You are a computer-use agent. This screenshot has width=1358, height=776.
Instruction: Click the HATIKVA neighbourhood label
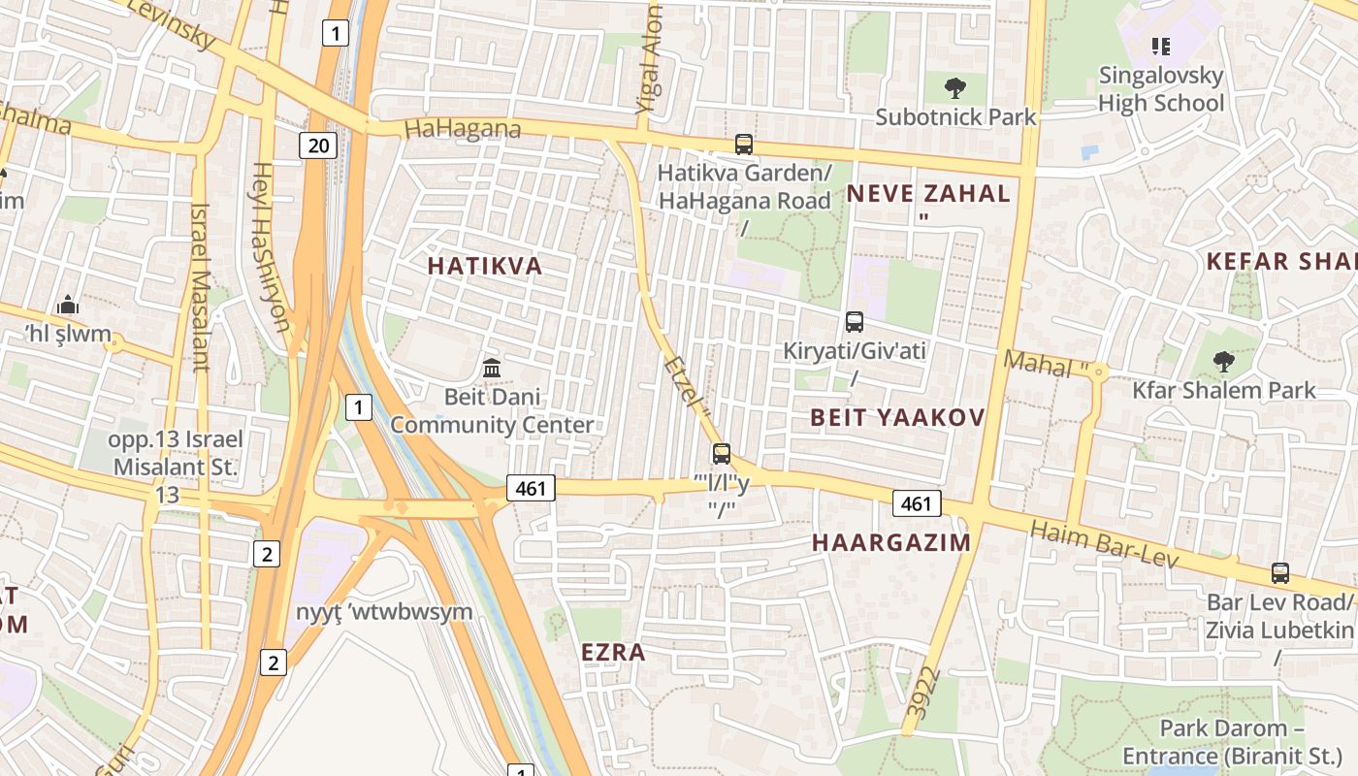coord(485,267)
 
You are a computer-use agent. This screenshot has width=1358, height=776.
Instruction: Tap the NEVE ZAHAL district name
coord(928,193)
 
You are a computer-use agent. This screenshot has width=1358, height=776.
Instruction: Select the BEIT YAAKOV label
coord(897,418)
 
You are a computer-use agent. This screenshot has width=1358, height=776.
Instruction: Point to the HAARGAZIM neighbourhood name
coord(891,542)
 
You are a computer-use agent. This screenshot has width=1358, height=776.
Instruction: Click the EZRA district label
coord(613,653)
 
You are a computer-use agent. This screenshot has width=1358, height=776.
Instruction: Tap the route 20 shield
coord(317,146)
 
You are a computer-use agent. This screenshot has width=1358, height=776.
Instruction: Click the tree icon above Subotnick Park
coord(955,88)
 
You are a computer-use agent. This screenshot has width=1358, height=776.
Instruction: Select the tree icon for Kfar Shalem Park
coord(1224,362)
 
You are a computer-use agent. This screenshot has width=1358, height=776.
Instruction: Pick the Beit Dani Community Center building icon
coord(492,369)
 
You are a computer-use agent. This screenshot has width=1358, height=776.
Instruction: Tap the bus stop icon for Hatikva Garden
coord(744,145)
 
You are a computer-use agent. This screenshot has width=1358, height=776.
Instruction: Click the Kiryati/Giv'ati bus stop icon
coord(855,322)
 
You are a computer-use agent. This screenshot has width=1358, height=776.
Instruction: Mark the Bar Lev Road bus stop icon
coord(1280,573)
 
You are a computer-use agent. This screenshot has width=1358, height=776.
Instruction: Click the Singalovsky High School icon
coord(1160,47)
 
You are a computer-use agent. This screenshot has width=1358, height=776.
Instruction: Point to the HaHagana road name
coord(463,129)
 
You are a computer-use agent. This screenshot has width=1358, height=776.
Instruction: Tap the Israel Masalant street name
coord(201,287)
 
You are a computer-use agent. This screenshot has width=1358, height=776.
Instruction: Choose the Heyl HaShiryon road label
coord(271,246)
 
